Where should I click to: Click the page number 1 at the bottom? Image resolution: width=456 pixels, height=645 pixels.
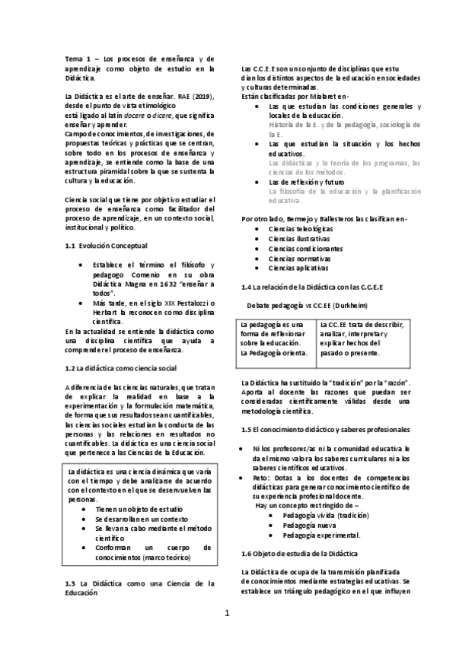(x=227, y=613)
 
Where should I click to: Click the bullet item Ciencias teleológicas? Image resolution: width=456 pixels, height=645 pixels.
(x=300, y=228)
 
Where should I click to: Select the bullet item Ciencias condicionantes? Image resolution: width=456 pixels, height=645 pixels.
(x=305, y=248)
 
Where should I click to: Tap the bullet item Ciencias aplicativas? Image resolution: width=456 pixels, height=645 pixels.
(x=298, y=268)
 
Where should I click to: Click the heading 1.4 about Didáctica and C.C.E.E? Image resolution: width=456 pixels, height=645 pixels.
(x=301, y=286)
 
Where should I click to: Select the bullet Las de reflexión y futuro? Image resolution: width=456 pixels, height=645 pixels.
(x=307, y=182)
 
